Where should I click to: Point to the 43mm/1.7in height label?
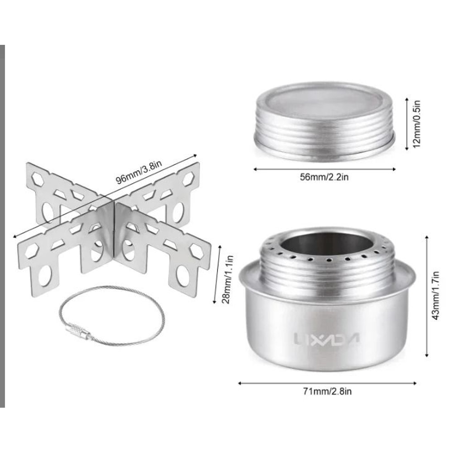[435, 295]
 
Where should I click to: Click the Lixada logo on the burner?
[326, 338]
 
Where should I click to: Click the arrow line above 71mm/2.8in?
[327, 383]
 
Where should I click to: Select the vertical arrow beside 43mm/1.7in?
[427, 295]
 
